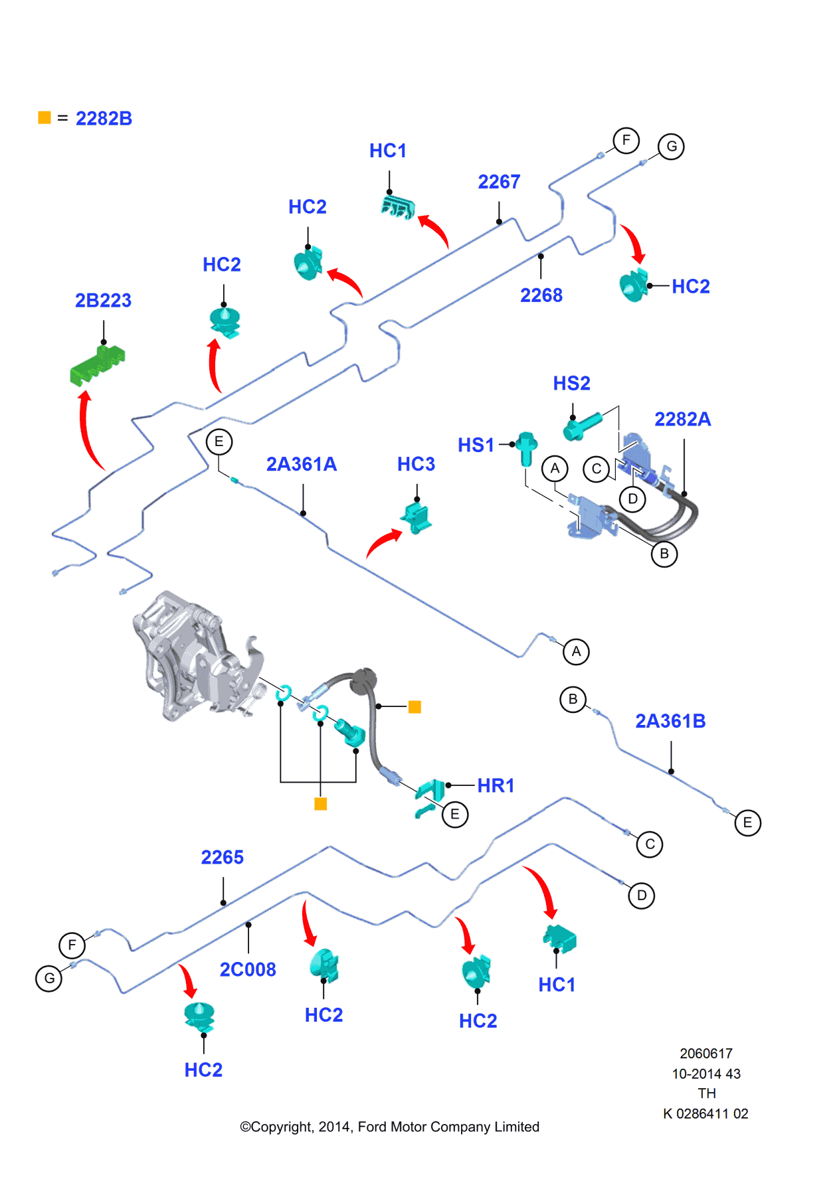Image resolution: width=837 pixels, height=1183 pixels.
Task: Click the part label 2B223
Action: (103, 300)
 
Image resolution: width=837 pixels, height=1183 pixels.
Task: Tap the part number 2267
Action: (499, 182)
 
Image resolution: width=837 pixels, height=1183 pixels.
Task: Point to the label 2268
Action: (541, 295)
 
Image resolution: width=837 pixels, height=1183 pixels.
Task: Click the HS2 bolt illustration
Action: (582, 426)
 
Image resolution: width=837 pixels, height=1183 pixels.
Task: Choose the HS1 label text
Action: (476, 445)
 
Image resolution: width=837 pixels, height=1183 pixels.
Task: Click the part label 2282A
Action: (682, 419)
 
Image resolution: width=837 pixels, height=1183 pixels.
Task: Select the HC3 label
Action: (416, 464)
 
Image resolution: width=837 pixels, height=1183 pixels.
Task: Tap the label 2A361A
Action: (301, 464)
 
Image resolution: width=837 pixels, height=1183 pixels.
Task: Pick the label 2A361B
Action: (670, 721)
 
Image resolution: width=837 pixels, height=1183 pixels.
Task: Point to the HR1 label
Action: (496, 785)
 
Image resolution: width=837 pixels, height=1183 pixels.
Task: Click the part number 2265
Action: (222, 857)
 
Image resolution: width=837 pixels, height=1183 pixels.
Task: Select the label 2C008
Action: (248, 969)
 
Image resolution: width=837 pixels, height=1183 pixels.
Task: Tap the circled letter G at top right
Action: (671, 146)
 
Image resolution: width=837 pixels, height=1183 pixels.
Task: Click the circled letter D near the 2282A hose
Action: (632, 499)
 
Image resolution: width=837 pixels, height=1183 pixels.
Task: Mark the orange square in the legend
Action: (45, 118)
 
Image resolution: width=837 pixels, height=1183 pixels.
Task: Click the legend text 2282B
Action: (104, 118)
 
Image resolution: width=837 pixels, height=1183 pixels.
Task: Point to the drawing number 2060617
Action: (705, 1054)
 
